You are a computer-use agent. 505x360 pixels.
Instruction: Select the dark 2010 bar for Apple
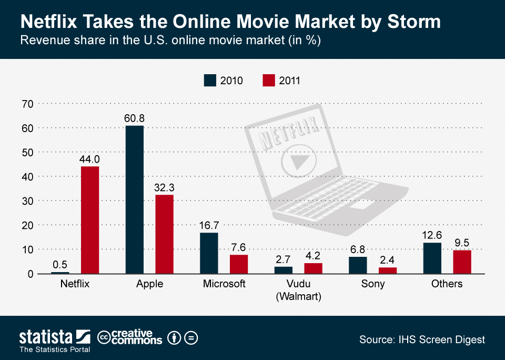[135, 199]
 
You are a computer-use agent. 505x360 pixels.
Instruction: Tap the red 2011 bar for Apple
[164, 234]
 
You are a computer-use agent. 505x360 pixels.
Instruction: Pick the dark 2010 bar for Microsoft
[209, 253]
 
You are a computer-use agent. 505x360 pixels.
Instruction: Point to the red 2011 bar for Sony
[388, 271]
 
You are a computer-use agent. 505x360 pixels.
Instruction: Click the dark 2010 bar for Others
[432, 258]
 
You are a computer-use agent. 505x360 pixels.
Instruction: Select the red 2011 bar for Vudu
[314, 268]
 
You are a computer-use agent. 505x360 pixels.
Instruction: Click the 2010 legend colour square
[210, 81]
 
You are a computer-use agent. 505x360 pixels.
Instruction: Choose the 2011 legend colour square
[269, 81]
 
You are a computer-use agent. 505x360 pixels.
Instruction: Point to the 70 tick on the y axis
[27, 104]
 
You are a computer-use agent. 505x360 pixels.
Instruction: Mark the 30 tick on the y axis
[27, 201]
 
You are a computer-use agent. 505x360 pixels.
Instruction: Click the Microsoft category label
[224, 284]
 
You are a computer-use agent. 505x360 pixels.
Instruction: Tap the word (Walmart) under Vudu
[298, 296]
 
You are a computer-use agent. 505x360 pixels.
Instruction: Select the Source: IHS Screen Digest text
[422, 340]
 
